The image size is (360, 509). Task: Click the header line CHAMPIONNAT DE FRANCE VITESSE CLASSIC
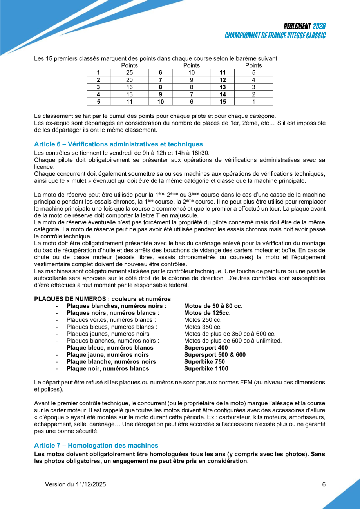(275, 36)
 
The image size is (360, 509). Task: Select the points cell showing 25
(130, 72)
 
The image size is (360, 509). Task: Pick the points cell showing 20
(130, 80)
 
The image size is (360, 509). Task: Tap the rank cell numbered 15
(223, 102)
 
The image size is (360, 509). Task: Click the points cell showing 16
(130, 87)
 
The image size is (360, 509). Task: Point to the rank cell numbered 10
(160, 102)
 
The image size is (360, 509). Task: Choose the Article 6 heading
(118, 144)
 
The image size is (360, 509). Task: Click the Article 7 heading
(96, 446)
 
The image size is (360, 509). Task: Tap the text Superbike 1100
(206, 368)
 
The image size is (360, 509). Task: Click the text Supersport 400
(206, 348)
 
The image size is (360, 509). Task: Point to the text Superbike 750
(204, 361)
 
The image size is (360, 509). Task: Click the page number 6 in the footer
(324, 484)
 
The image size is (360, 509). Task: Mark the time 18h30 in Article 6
(202, 153)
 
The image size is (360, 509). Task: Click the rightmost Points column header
(253, 65)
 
